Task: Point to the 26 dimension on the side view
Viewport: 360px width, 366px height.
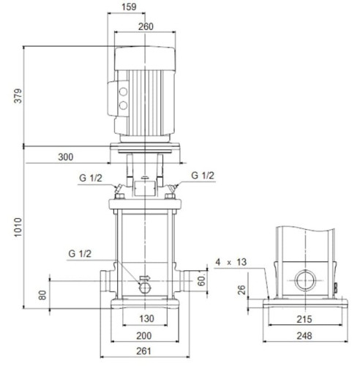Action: click(x=242, y=290)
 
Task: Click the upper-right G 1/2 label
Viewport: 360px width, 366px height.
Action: click(x=203, y=176)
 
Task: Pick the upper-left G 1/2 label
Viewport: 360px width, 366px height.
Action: click(x=91, y=176)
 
